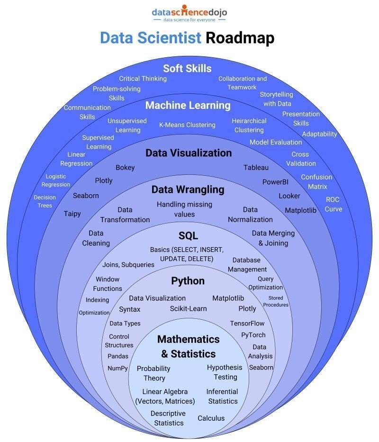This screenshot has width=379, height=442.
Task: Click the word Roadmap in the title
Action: tap(240, 38)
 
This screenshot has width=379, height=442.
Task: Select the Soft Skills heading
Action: tap(187, 68)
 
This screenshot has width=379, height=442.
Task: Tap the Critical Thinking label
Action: tap(143, 79)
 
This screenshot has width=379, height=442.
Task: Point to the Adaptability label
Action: tap(319, 134)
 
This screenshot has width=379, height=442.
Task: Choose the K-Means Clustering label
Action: tap(187, 125)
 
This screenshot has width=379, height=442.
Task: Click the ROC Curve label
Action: tap(333, 204)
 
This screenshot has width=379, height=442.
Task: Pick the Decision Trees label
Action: tap(45, 201)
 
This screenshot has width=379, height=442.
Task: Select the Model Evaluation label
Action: tap(276, 142)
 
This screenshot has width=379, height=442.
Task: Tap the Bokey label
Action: tap(125, 167)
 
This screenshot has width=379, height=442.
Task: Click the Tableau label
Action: tap(256, 167)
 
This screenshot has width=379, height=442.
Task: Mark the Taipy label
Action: tap(72, 214)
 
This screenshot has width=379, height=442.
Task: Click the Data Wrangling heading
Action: tap(188, 189)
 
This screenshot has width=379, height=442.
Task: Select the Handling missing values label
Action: tap(184, 209)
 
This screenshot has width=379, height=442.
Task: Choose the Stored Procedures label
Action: tap(276, 301)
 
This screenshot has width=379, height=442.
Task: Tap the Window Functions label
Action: tap(108, 284)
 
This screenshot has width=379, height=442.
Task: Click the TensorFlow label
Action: tap(247, 323)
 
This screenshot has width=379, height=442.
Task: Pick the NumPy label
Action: tap(117, 368)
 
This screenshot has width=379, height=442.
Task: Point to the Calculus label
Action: tap(211, 418)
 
